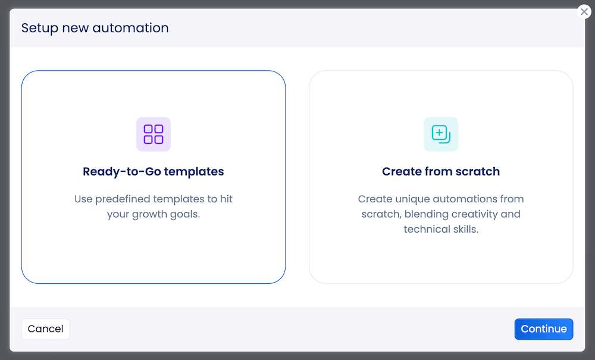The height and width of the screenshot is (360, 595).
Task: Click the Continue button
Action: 543,329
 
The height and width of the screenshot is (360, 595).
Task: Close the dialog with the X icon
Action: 584,12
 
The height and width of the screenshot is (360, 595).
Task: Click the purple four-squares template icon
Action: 154,134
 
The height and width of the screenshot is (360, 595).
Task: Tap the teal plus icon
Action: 440,134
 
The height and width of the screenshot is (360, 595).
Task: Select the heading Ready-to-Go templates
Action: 154,172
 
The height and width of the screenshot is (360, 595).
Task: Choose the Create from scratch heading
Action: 441,172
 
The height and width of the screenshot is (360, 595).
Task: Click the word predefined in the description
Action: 123,199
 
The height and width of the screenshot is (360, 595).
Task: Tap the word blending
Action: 426,214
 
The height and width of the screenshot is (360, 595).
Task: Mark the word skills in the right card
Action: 466,229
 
